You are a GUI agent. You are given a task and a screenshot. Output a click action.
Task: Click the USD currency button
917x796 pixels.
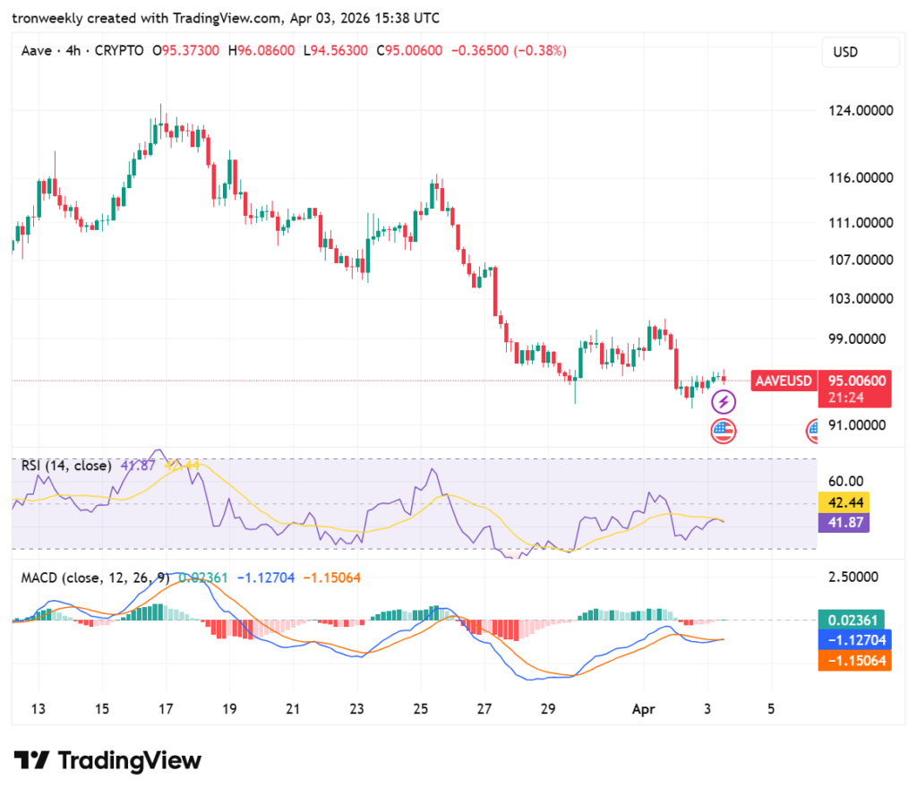click(860, 52)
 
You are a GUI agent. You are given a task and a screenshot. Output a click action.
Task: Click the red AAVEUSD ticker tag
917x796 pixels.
click(784, 381)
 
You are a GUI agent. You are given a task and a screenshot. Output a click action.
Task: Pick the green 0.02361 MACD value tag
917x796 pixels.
click(854, 620)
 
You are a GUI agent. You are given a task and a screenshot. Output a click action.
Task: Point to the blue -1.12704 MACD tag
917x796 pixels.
click(854, 640)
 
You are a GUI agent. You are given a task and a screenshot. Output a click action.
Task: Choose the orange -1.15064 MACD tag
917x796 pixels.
click(854, 661)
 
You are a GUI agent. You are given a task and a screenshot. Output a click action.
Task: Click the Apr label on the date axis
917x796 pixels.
click(642, 708)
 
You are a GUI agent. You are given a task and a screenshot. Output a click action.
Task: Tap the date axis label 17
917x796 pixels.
click(166, 708)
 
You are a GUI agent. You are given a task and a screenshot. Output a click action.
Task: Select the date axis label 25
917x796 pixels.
click(421, 708)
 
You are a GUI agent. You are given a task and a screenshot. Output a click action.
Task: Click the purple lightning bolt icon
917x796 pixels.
click(724, 402)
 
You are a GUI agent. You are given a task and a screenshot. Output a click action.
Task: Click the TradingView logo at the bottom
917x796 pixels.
click(107, 761)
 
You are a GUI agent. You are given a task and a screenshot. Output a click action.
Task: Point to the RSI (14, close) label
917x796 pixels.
click(67, 466)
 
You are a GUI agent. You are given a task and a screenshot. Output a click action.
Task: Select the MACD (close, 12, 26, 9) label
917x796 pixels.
click(95, 578)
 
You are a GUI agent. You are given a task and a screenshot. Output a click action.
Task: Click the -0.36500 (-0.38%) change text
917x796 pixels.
click(507, 51)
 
